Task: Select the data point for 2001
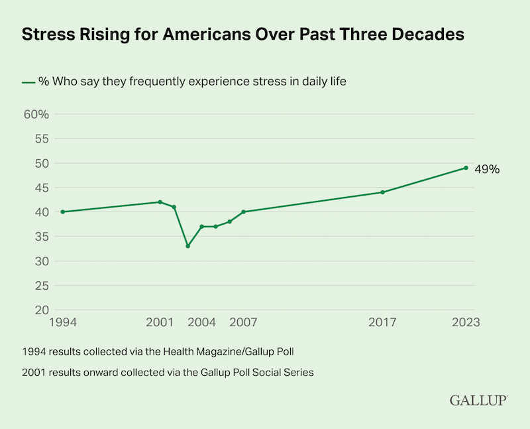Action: tap(160, 202)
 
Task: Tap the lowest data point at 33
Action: tap(187, 246)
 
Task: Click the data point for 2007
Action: tap(243, 212)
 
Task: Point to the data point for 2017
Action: tap(382, 192)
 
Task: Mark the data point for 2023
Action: tap(466, 168)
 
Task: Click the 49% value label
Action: tap(486, 169)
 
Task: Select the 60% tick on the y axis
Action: tap(36, 114)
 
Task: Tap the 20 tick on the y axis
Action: tap(41, 310)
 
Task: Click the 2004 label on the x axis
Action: tap(201, 323)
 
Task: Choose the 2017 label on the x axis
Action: tap(382, 323)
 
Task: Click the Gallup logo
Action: tap(478, 400)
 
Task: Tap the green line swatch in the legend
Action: tap(28, 82)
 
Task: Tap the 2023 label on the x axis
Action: tap(465, 323)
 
